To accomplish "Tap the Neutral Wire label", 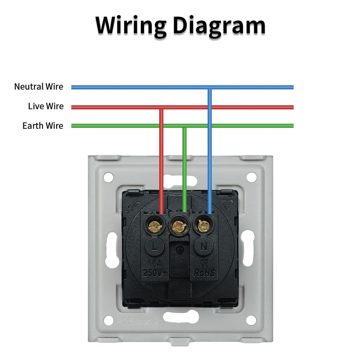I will [x=39, y=86].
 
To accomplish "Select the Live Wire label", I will [x=45, y=106].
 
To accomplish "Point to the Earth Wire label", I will [x=43, y=126].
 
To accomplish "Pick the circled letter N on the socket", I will [x=203, y=246].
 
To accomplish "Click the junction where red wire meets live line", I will [x=162, y=107].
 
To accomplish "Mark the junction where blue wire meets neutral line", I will [x=209, y=87].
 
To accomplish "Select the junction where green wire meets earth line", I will [x=184, y=126].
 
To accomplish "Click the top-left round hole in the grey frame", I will [x=108, y=177].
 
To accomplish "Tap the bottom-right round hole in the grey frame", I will [x=251, y=320].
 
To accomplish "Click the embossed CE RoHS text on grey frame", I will [x=139, y=321].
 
